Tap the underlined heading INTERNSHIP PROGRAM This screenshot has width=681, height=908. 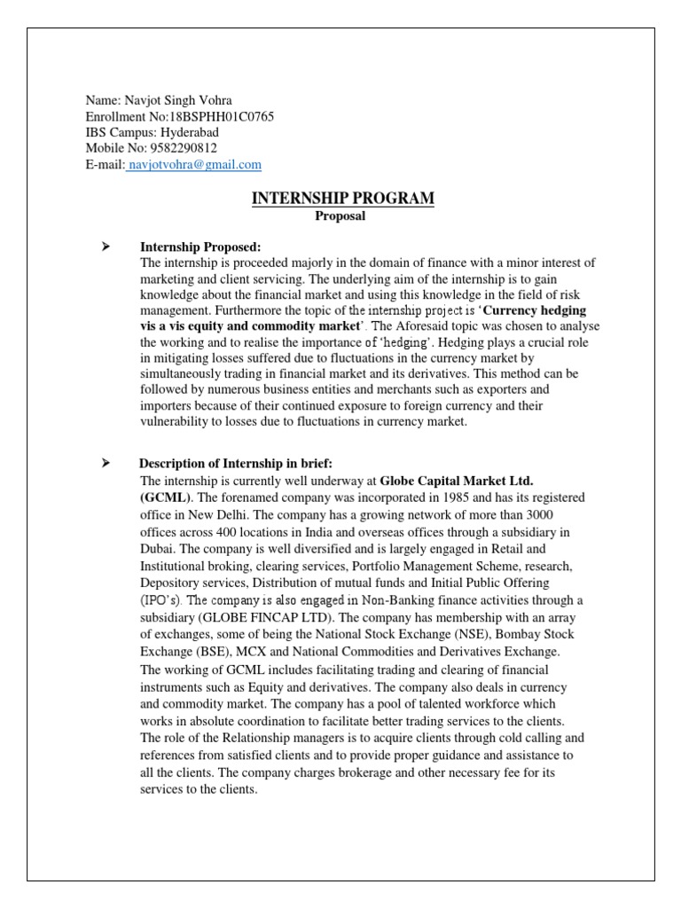342,199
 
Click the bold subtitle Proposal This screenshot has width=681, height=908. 340,215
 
